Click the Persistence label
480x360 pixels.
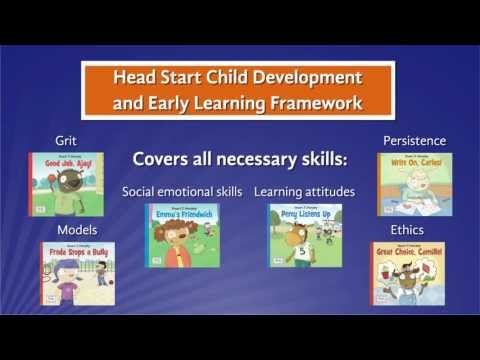(x=414, y=141)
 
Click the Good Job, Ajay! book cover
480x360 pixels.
(x=66, y=184)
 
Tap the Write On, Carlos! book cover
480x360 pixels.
(x=414, y=184)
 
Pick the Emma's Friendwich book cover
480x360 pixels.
(x=182, y=236)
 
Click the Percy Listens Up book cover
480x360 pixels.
(x=305, y=236)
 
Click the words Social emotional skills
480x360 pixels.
(x=182, y=191)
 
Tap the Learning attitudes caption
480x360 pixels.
(x=304, y=191)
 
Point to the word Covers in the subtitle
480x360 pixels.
(x=159, y=160)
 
